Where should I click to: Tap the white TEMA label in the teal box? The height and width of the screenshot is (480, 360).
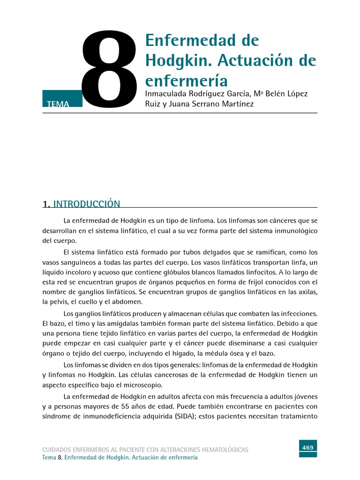pyautogui.click(x=58, y=105)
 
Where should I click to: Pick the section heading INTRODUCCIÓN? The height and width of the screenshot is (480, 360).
pyautogui.click(x=87, y=204)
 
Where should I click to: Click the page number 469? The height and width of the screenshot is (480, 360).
pyautogui.click(x=308, y=448)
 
